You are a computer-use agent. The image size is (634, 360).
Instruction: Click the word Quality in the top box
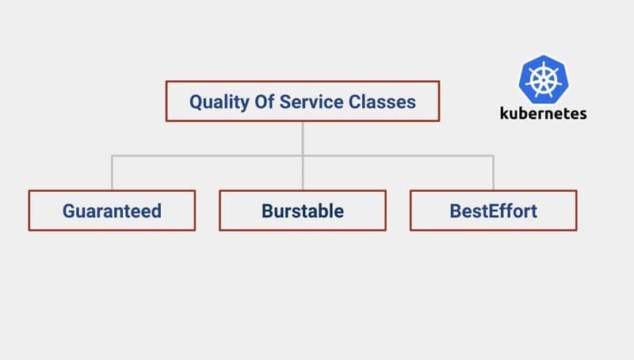tap(216, 102)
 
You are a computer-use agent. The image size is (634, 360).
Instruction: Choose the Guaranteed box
tap(112, 211)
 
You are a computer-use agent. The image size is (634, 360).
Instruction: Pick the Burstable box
tap(302, 211)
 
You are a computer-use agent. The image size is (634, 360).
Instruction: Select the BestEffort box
tap(493, 211)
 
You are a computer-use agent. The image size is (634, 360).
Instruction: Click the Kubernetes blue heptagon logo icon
tap(543, 79)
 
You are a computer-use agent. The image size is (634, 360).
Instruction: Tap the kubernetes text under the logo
tap(543, 113)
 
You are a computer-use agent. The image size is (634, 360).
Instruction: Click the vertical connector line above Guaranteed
tap(112, 173)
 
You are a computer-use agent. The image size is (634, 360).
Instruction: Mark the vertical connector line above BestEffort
tap(493, 173)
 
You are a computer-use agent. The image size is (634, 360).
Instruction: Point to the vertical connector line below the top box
tap(302, 138)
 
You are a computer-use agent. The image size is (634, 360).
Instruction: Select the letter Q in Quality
tap(196, 102)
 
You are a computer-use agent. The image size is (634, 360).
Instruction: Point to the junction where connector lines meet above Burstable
tap(302, 155)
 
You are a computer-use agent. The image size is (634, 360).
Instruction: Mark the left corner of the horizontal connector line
tap(112, 155)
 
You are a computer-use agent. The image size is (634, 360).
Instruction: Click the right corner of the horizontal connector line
tap(493, 155)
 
